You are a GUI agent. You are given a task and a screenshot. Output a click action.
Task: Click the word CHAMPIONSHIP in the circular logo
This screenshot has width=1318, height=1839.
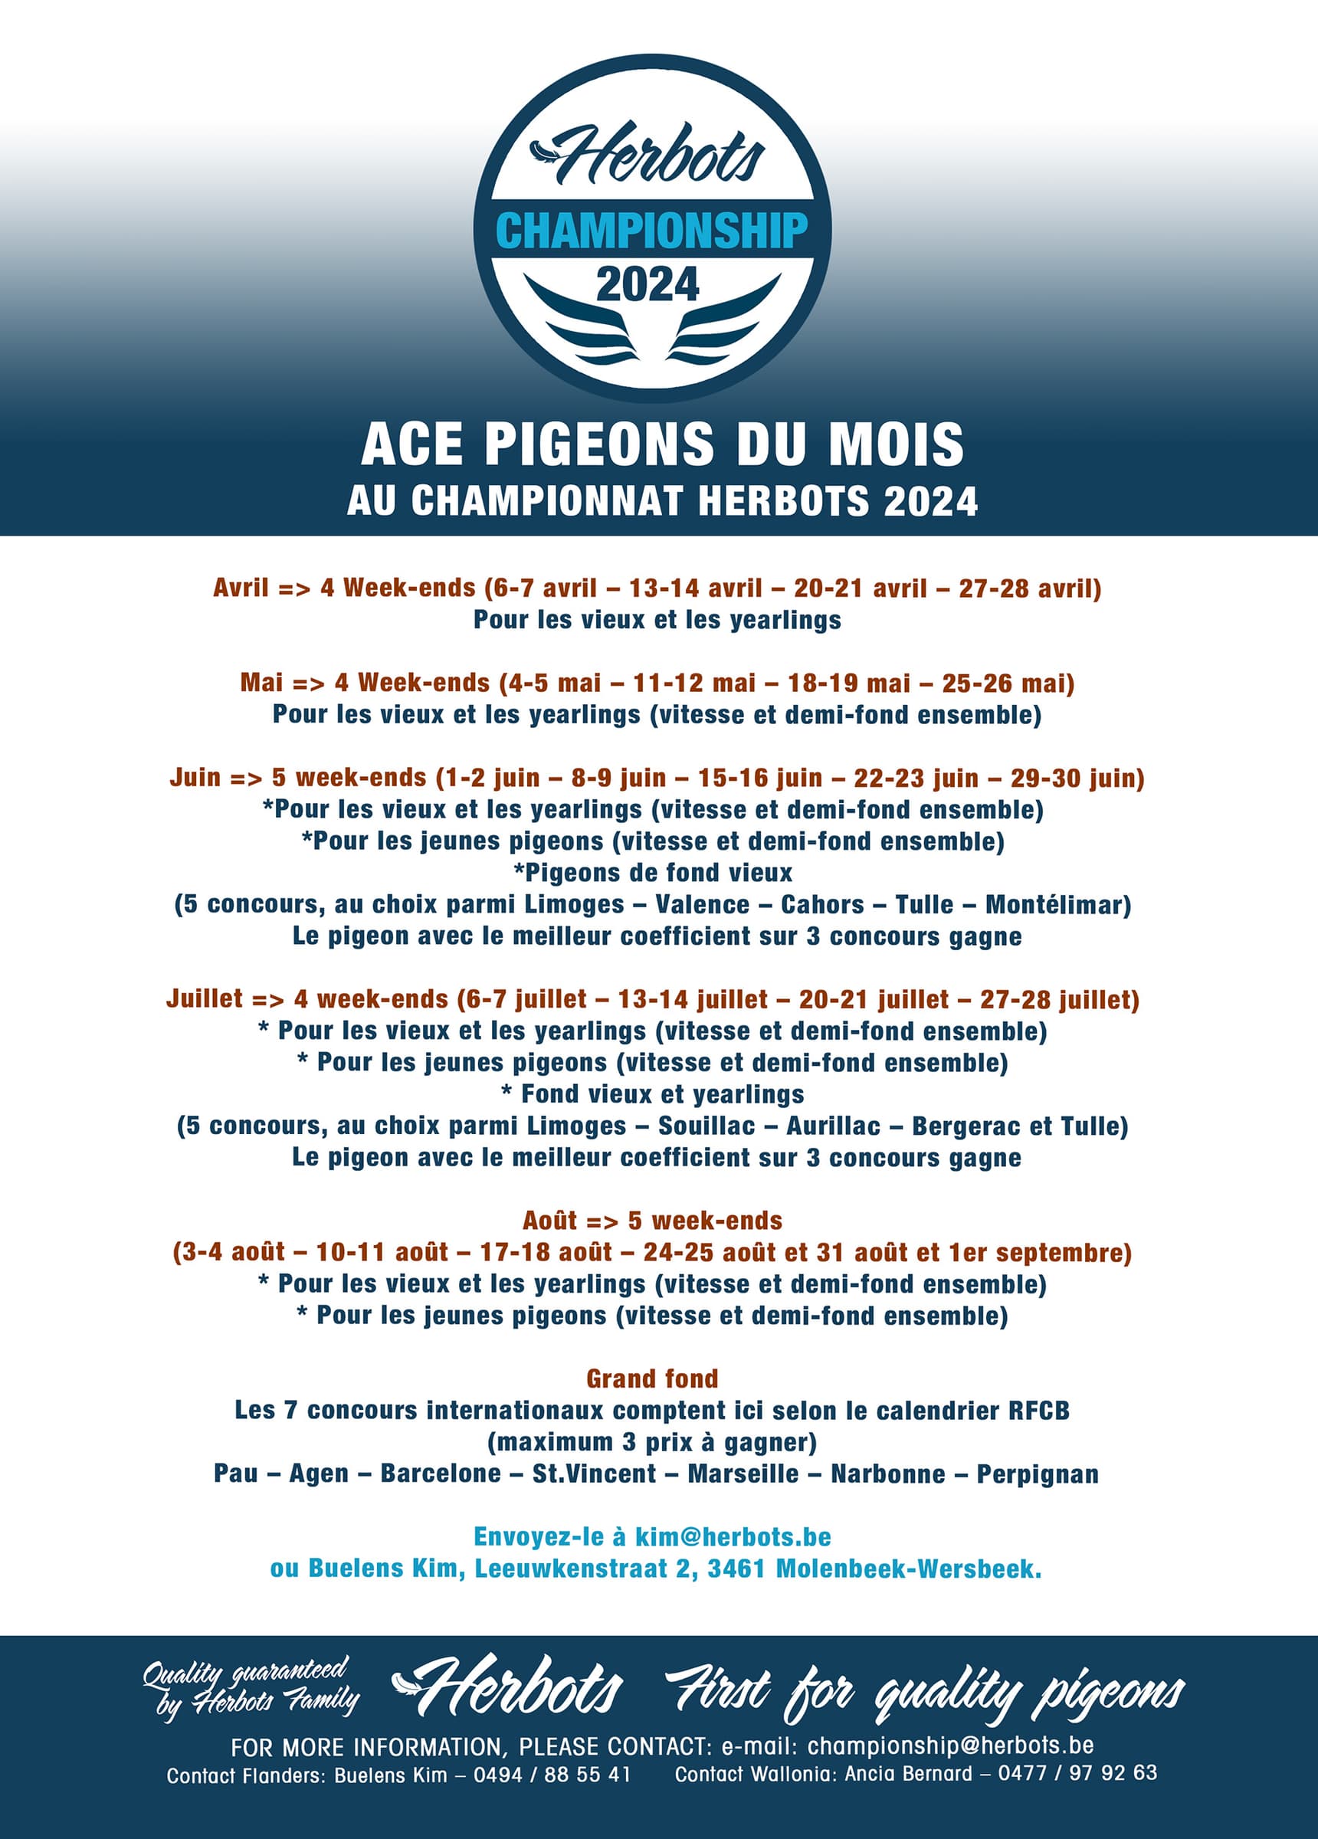point(651,231)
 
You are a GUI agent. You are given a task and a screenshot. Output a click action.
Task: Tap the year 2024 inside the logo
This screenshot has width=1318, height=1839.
point(648,284)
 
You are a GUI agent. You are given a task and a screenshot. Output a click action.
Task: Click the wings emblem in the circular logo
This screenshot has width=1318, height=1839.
point(652,323)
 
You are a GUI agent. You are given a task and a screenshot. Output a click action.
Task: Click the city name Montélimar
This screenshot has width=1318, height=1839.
point(1057,904)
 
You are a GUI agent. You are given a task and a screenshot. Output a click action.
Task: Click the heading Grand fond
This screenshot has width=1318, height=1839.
point(652,1378)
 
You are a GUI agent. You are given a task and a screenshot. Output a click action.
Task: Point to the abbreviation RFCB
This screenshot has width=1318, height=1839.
point(1039,1410)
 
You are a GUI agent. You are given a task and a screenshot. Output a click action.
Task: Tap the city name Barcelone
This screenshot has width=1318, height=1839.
point(441,1473)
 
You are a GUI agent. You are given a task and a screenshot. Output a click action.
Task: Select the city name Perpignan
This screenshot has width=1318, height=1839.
point(1038,1473)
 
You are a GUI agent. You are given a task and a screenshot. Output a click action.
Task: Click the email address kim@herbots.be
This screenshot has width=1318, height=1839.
point(733,1536)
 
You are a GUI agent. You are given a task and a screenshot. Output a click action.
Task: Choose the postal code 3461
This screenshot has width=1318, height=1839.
point(736,1569)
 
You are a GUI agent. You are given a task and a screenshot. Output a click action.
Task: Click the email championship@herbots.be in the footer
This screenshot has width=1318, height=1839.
point(949,1745)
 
